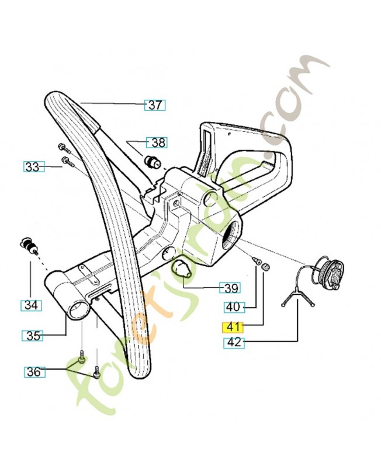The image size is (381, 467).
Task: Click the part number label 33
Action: point(32,166)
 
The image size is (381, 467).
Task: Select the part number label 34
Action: point(30,305)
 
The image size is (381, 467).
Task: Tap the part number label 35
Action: point(32,336)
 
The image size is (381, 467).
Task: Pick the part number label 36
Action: point(33,371)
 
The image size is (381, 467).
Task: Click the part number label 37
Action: point(155,106)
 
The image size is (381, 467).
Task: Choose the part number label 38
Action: point(158,142)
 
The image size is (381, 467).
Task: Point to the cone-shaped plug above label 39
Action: point(182,269)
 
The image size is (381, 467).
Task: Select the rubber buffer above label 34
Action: point(26,243)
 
